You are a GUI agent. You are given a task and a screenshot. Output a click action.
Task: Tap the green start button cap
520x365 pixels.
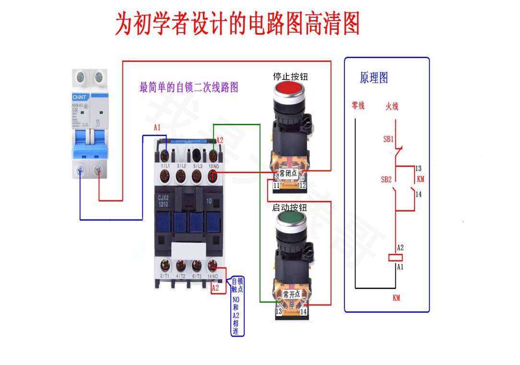pos(291,221)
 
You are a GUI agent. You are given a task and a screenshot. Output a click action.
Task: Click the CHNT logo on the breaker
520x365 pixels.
pos(79,97)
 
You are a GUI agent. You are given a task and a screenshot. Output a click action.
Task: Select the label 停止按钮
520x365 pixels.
pos(290,77)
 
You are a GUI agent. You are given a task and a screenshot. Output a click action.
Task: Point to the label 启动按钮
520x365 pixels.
pos(289,208)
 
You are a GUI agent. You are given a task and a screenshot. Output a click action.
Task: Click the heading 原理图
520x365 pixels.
pos(374,78)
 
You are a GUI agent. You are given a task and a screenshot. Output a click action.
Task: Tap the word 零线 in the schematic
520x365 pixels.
pos(358,106)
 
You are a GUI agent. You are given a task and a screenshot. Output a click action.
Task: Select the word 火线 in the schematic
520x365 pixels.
pos(392,106)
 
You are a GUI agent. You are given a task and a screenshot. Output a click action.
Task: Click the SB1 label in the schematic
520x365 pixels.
pos(388,139)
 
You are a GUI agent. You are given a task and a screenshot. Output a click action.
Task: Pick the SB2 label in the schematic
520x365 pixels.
pos(386,179)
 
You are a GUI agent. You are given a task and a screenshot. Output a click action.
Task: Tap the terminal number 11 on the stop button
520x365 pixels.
pos(276,185)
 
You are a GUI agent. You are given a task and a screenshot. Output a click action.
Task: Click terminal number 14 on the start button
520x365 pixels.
pos(303,312)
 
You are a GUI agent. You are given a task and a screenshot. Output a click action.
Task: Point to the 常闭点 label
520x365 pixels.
pos(288,173)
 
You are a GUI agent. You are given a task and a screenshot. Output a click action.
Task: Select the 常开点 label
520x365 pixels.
pos(291,294)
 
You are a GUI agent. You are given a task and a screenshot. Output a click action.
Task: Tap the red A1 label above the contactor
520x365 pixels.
pos(157,128)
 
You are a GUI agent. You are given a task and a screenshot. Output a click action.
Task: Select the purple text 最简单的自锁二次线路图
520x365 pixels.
pos(189,88)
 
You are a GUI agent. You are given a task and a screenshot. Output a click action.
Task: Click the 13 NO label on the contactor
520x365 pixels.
pos(213,166)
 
